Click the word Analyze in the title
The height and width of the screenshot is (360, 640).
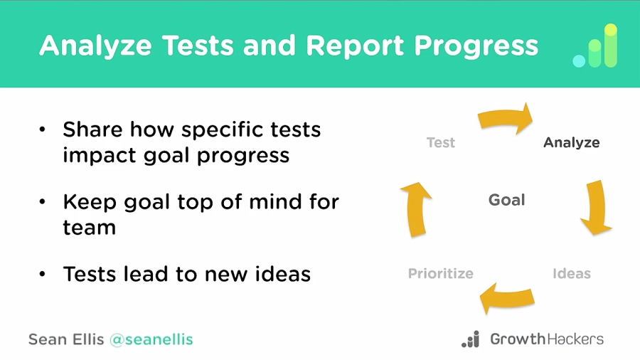[95, 46]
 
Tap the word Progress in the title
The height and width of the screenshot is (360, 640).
[476, 46]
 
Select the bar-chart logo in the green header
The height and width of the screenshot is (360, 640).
[595, 46]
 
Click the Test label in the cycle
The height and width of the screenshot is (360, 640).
[440, 142]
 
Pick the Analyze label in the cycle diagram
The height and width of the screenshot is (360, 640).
[572, 143]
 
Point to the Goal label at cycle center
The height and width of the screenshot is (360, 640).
[506, 200]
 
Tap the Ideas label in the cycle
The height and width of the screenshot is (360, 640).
[572, 273]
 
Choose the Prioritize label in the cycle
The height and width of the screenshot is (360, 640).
[440, 273]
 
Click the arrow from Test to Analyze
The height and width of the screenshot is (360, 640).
[506, 117]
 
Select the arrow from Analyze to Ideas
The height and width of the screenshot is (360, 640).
[596, 207]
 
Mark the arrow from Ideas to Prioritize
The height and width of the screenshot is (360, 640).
[507, 298]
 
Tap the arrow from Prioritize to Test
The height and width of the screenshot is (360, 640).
[416, 209]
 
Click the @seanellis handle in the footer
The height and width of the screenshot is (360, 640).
[151, 339]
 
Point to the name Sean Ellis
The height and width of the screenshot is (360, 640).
[66, 339]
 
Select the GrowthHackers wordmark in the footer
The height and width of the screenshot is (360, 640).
[547, 339]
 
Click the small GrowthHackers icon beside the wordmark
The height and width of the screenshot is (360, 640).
[470, 339]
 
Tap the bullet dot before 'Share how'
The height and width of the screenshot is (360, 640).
[43, 129]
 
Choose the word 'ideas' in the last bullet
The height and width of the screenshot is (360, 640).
[283, 274]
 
